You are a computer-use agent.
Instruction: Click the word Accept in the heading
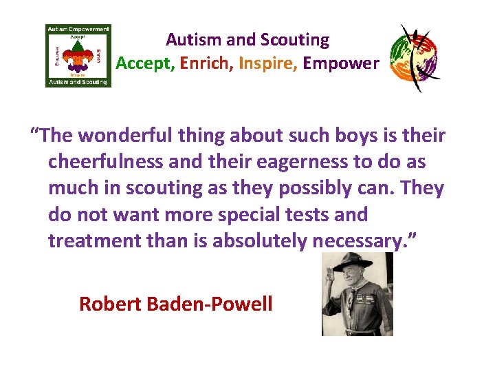145,63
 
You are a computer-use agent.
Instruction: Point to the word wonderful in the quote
126,135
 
